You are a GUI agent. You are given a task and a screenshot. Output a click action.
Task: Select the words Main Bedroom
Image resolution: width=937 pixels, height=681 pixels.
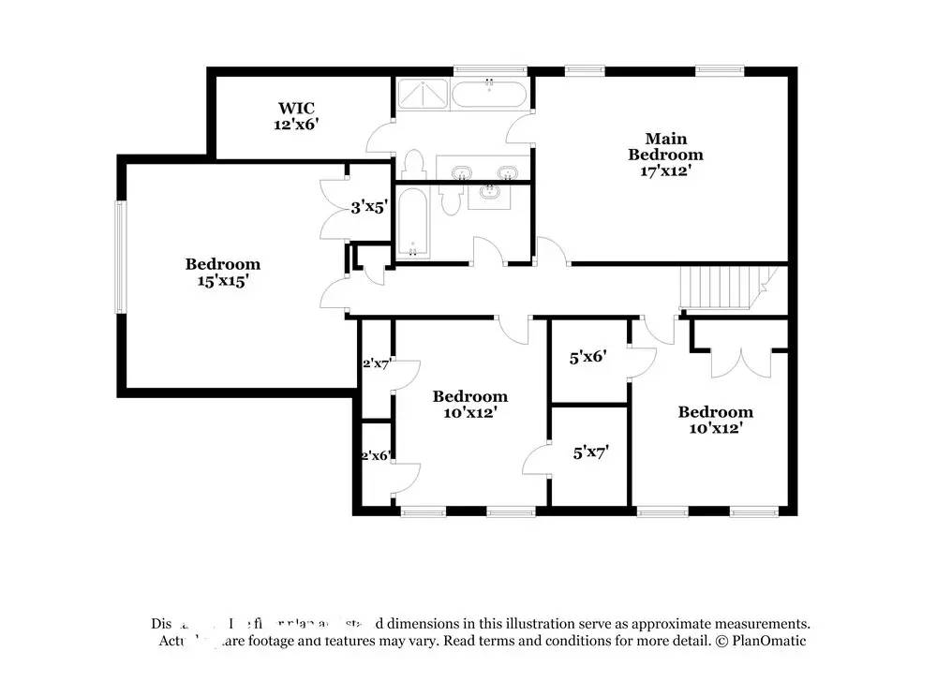664,147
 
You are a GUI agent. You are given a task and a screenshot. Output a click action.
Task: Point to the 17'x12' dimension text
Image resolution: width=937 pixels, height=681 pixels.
664,171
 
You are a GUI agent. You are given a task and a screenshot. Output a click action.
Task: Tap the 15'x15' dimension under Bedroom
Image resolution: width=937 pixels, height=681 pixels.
222,280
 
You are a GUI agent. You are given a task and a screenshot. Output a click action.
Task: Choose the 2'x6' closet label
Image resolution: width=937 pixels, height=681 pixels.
376,455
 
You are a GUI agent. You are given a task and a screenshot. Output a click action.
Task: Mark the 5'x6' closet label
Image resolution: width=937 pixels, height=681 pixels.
589,357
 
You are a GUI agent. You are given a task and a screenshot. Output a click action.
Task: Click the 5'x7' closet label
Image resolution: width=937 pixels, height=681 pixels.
591,452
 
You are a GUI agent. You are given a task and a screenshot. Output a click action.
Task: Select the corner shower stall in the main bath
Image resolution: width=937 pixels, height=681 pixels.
422,96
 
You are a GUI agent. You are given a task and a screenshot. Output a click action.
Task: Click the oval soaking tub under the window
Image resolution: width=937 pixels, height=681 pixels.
489,96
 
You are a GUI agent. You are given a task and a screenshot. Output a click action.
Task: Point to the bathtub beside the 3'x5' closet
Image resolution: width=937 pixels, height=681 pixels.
412,223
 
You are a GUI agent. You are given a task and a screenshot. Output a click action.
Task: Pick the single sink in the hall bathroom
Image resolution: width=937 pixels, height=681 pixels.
489,194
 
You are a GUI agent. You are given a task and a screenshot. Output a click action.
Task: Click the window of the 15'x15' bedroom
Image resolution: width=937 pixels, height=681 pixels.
119,258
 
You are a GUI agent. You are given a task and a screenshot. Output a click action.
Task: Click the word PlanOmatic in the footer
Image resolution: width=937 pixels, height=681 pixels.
768,641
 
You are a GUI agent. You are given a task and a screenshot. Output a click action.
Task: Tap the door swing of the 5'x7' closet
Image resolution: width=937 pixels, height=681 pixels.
536,459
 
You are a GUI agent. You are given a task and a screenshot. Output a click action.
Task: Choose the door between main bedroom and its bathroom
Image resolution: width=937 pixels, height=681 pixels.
521,125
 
